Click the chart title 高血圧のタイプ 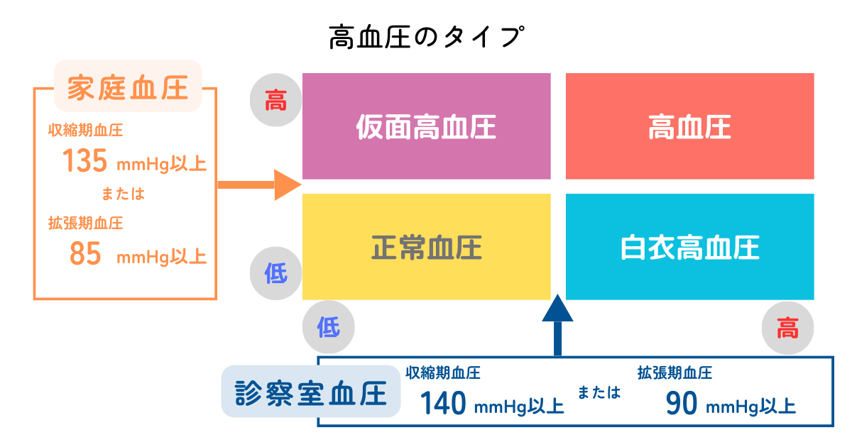pos(427,37)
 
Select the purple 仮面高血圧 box pos(427,126)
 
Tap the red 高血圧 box pos(690,126)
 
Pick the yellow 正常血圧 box pos(427,247)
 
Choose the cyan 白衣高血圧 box pos(690,247)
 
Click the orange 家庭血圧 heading pos(128,87)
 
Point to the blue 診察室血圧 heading pos(311,392)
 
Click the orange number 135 pos(84,161)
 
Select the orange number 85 pos(85,253)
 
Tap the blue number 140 pos(443,403)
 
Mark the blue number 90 pos(681,403)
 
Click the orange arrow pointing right pos(259,185)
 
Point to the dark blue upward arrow pos(557,325)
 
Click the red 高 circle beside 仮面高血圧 pos(275,100)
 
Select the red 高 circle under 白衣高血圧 pos(787,328)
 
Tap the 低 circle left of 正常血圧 pos(275,273)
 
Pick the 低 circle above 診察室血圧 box pos(329,327)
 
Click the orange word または pos(124,194)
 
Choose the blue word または pos(599,392)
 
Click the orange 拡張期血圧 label pos(86,223)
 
